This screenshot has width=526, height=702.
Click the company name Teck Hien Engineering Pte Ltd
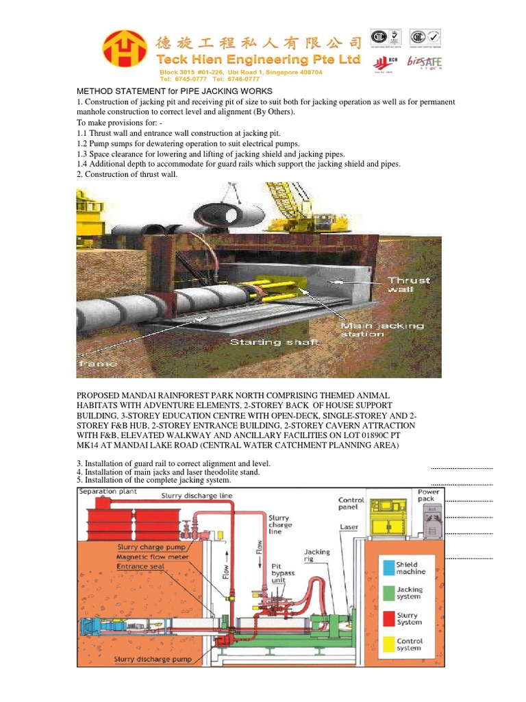258,60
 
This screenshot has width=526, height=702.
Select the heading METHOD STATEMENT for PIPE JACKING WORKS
174,91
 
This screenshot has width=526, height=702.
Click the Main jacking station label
381,330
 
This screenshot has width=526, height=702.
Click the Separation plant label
108,492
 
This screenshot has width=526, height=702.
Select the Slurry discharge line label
197,496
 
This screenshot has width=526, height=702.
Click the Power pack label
429,497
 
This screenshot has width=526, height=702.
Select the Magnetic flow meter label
153,557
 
